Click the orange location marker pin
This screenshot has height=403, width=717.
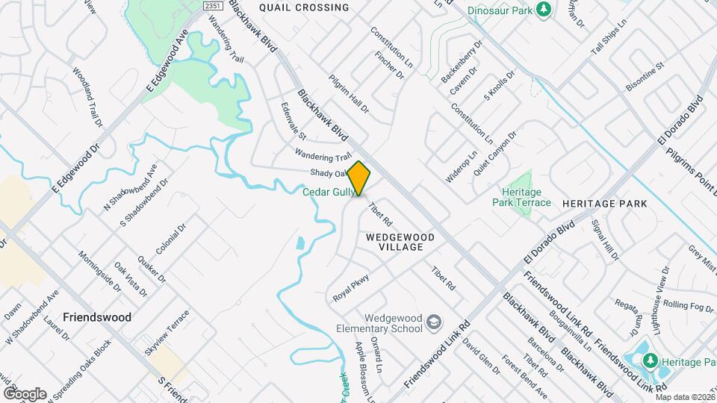pyautogui.click(x=359, y=178)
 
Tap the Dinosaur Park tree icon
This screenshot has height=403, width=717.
pyautogui.click(x=545, y=10)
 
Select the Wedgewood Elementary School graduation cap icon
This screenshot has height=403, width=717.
pyautogui.click(x=435, y=322)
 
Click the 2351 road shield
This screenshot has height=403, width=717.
pyautogui.click(x=213, y=5)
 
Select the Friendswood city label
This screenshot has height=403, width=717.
pyautogui.click(x=98, y=317)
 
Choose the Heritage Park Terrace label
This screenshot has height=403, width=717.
pyautogui.click(x=521, y=197)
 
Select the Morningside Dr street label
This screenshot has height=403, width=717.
pyautogui.click(x=99, y=269)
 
